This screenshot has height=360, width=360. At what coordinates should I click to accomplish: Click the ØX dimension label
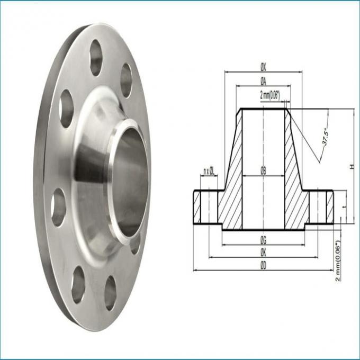coord(263,68)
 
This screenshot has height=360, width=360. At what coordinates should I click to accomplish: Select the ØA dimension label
coord(263,80)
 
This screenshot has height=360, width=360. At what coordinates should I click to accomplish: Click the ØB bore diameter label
coord(263,170)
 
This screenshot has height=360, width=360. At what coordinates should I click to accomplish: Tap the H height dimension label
coord(351,167)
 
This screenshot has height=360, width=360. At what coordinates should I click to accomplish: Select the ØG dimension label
coord(263,240)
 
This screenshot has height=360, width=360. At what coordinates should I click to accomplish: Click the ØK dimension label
coord(263,253)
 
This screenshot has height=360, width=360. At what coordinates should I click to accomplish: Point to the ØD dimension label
coord(263,266)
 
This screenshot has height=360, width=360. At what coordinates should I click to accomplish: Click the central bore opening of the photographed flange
coord(130,180)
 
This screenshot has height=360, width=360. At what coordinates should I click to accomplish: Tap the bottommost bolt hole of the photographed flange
coord(110,293)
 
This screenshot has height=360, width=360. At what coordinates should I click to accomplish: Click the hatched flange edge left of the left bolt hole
coord(197,207)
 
